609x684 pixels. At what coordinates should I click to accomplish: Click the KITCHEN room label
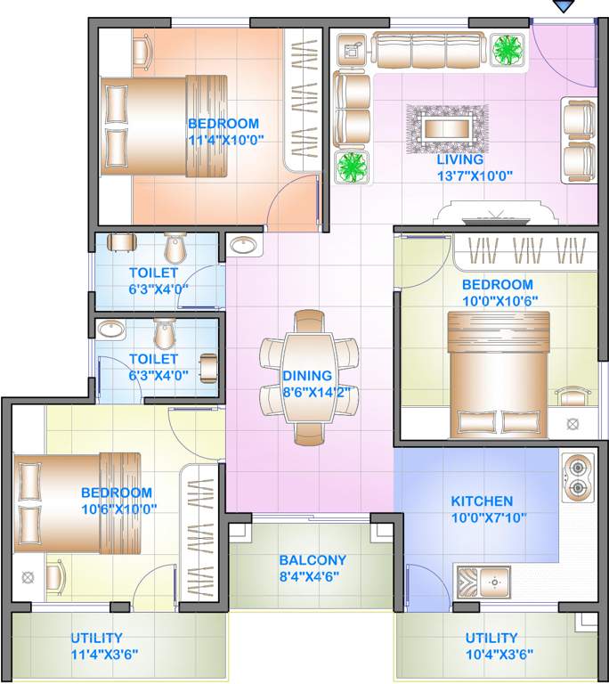click(x=481, y=501)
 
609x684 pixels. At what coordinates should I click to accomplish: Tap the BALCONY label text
click(x=312, y=560)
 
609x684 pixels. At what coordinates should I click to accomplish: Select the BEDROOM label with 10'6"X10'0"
click(x=117, y=493)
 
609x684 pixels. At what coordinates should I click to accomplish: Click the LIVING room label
click(x=459, y=159)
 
